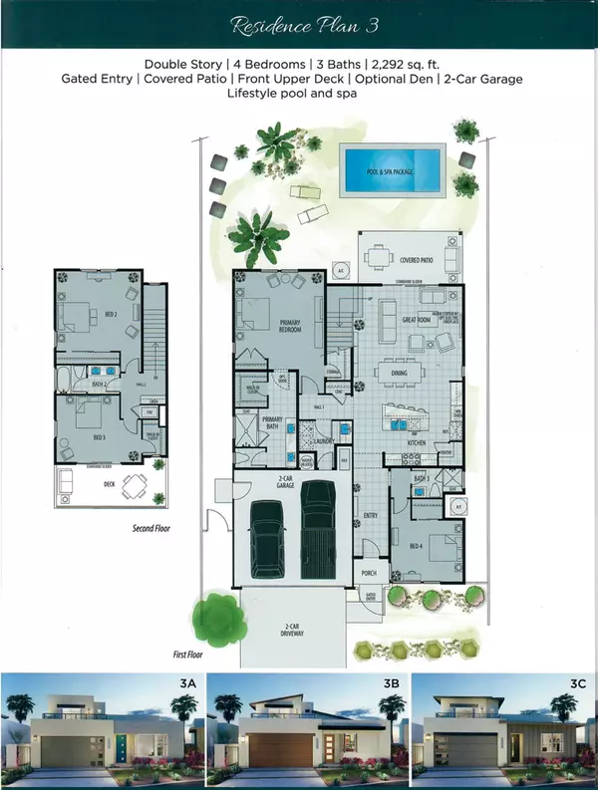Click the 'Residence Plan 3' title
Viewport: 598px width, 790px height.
(299, 25)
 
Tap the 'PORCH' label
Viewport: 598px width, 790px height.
(368, 573)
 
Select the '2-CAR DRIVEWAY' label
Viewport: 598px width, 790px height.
(291, 630)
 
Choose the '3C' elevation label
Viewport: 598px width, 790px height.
(577, 686)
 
